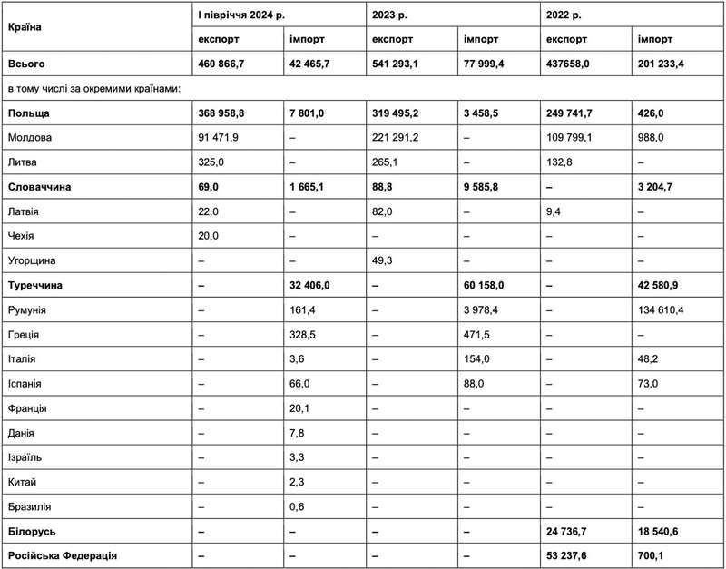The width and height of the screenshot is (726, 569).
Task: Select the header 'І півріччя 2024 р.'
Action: click(245, 15)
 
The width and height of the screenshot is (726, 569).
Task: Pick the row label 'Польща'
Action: click(28, 113)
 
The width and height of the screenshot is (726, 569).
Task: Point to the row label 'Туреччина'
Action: click(39, 285)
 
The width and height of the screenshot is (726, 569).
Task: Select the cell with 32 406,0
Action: click(314, 285)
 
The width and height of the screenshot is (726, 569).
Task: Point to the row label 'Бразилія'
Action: click(30, 505)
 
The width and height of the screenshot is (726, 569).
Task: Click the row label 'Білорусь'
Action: click(34, 530)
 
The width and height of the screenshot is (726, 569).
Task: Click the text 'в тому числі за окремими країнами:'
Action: click(95, 89)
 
